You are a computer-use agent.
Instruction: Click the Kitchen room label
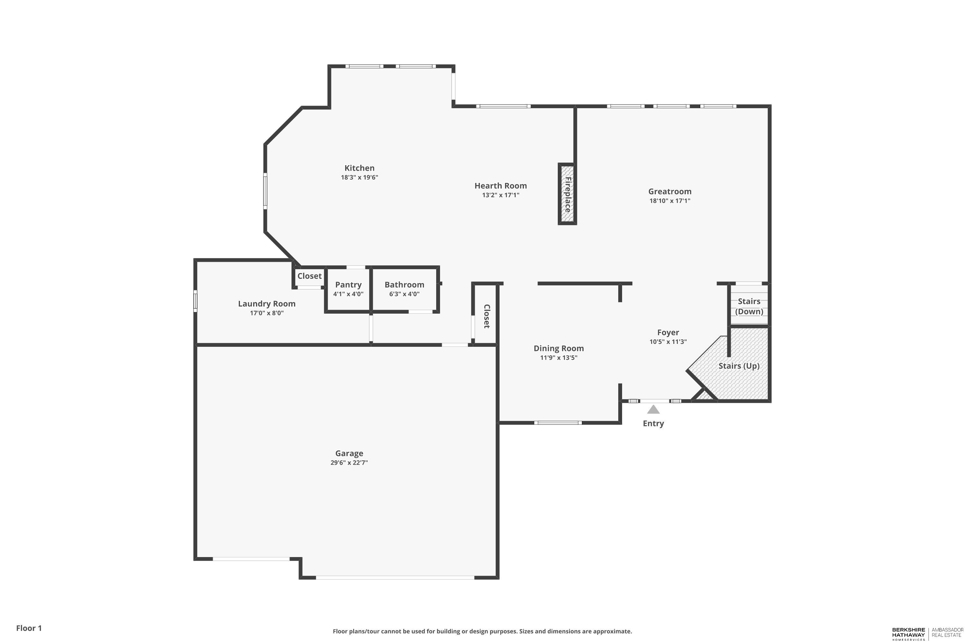[x=359, y=168]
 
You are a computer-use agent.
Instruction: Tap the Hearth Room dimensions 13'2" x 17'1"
[x=501, y=195]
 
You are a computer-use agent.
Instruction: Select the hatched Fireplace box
[x=567, y=194]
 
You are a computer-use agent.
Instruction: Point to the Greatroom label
[x=670, y=191]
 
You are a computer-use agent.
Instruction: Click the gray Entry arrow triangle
[x=653, y=410]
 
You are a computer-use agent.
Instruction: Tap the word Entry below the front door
[x=653, y=423]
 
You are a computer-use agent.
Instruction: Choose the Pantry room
[x=348, y=289]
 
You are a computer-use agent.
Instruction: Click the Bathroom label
[x=404, y=285]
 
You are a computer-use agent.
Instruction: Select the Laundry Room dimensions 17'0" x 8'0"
[x=267, y=313]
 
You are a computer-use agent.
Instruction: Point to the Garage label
[x=349, y=453]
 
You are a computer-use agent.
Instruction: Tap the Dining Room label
[x=558, y=348]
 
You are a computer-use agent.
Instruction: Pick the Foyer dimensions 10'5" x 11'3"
[x=668, y=342]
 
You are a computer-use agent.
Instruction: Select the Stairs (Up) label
[x=739, y=366]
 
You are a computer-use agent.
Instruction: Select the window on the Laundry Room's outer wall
[x=195, y=301]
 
